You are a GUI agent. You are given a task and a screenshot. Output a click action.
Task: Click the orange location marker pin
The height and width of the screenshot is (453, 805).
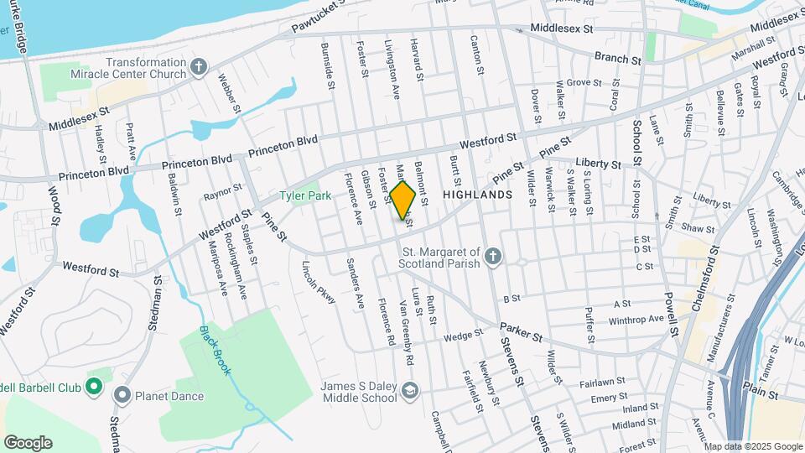(x=403, y=200)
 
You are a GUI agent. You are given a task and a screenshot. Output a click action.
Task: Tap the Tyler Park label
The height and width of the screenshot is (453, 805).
(x=306, y=195)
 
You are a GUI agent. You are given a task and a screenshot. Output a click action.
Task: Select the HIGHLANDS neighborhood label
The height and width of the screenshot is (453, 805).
(x=477, y=195)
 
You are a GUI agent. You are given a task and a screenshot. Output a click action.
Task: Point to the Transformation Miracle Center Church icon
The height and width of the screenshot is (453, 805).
(x=199, y=68)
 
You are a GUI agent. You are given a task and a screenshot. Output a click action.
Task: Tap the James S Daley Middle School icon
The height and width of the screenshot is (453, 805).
(x=409, y=391)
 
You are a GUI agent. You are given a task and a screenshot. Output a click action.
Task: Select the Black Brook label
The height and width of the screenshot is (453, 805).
(x=215, y=349)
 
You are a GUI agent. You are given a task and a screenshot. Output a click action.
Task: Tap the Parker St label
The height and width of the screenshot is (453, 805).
(x=520, y=331)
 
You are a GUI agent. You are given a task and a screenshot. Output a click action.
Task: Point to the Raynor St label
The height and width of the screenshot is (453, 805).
(x=222, y=193)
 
